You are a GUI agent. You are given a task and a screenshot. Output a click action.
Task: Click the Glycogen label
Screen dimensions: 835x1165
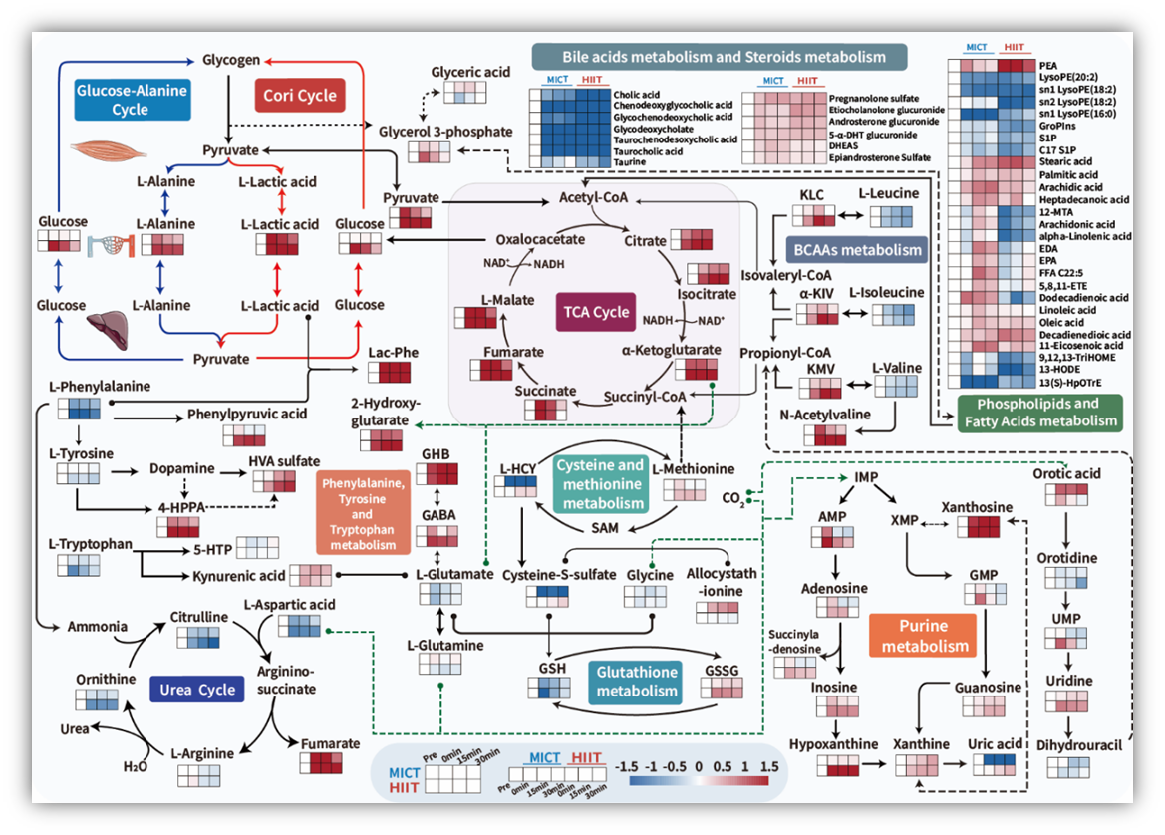231,60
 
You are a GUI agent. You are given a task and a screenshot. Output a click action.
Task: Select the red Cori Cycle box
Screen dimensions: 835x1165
299,95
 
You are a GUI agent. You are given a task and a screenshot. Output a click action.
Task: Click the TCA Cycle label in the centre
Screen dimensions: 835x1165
593,312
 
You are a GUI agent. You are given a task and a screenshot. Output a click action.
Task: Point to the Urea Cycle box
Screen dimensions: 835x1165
195,689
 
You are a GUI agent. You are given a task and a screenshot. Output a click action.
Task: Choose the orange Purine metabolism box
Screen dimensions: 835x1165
922,636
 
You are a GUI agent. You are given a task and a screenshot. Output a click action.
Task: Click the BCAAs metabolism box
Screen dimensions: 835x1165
856,249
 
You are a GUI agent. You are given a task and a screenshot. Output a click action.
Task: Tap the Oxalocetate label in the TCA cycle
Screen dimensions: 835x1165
539,240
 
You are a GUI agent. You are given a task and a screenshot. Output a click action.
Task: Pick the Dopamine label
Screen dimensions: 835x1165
182,468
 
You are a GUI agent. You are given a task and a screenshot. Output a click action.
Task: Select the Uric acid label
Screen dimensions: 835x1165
995,744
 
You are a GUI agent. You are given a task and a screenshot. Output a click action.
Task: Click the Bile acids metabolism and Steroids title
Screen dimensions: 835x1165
709,57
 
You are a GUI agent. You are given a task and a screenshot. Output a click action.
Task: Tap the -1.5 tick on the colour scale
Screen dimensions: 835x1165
627,768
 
